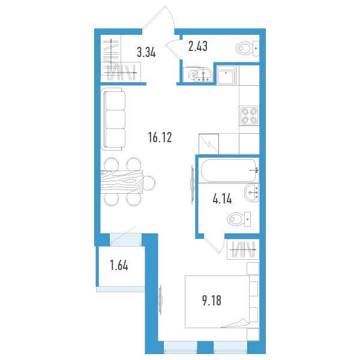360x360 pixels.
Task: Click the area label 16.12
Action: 160,137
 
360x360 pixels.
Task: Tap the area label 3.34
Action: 146,52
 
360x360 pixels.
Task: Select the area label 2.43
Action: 197,46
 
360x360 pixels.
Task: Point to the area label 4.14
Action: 222,199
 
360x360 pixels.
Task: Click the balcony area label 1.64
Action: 119,266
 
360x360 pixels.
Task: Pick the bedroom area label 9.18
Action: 212,301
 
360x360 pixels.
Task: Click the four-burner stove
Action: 249,116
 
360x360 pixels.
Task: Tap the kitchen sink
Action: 226,75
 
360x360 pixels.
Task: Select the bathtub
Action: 229,170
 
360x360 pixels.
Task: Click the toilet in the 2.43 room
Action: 247,49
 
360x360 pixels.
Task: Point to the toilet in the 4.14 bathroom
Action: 239,219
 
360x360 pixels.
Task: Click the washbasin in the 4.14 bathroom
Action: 252,193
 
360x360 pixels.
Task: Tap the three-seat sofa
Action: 113,119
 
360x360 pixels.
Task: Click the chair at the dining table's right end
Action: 149,182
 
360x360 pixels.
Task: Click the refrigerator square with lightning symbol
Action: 209,144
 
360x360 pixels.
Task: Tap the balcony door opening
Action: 125,239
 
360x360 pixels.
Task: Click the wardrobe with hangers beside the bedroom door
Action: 243,250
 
